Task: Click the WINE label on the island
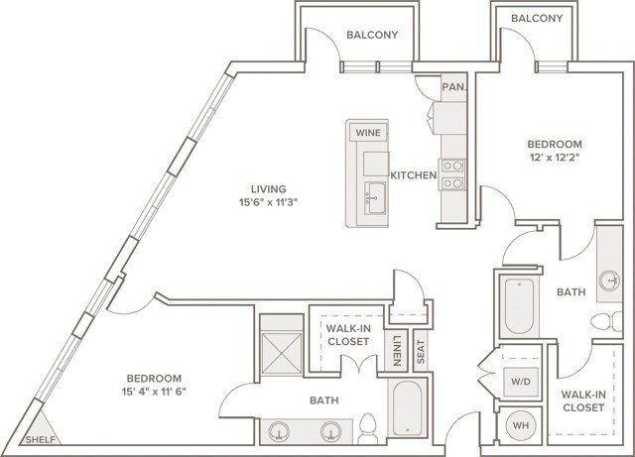tap(368, 133)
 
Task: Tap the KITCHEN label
tap(414, 175)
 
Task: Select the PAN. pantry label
tap(454, 86)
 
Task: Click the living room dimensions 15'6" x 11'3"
tap(269, 202)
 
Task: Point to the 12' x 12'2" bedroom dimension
tap(554, 157)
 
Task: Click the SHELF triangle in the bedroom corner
tap(42, 429)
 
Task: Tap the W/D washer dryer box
tap(521, 382)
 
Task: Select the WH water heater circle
tap(521, 425)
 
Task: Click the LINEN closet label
tap(396, 351)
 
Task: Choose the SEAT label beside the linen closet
tap(421, 351)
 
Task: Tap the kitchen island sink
tap(375, 198)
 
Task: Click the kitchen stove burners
tap(452, 174)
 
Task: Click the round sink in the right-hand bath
tap(609, 281)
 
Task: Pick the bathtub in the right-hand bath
tap(519, 305)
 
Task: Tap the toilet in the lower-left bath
tap(368, 428)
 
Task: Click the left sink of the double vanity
tap(280, 431)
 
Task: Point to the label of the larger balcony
tap(372, 35)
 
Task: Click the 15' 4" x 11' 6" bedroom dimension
tap(154, 392)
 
